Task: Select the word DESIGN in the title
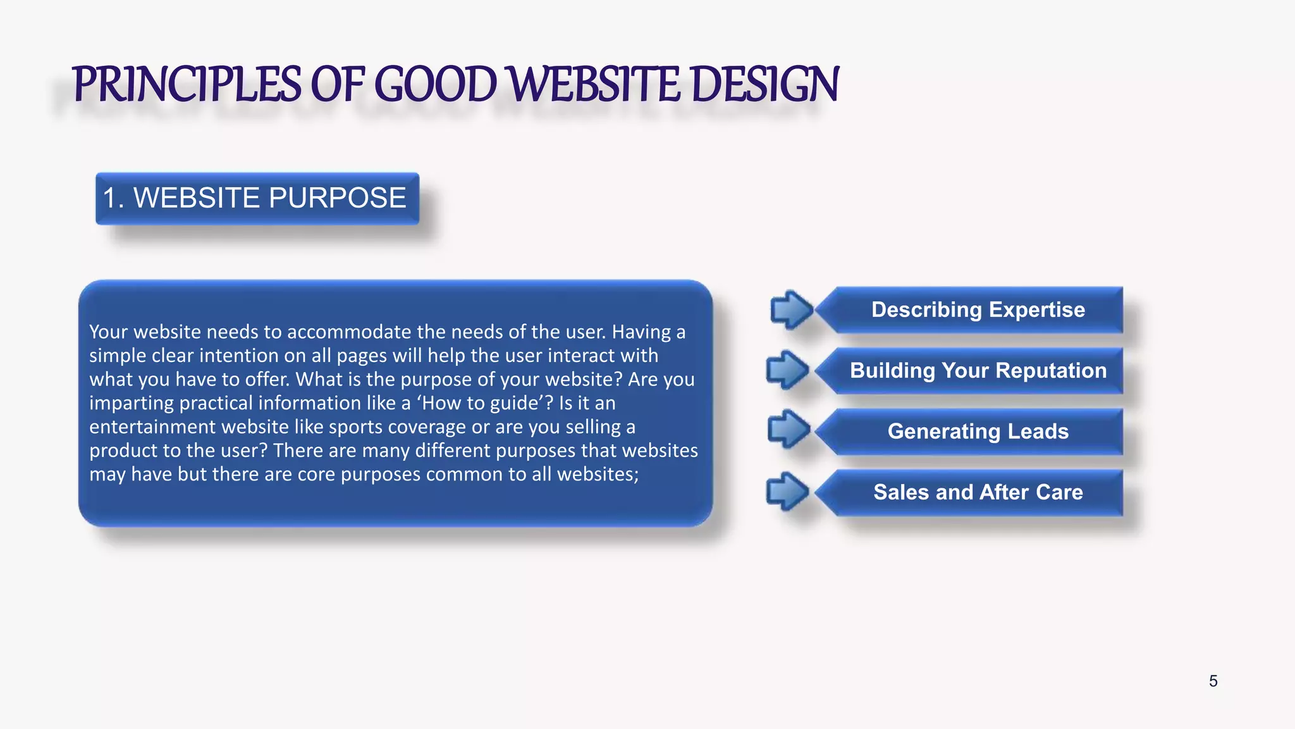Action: pos(764,85)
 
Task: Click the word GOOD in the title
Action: pos(436,85)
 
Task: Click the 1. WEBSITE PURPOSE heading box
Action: pos(257,198)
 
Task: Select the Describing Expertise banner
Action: pos(978,310)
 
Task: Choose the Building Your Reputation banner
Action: pos(978,371)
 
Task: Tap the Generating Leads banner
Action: pos(978,432)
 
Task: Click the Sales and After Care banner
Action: pos(978,492)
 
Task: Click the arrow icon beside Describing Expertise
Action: pos(791,310)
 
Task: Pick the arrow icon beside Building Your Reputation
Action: pos(787,370)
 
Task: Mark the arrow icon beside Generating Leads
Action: pos(789,429)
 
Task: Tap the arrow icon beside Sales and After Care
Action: pos(787,492)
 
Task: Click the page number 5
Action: pos(1213,682)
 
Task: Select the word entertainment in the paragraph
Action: pos(147,427)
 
